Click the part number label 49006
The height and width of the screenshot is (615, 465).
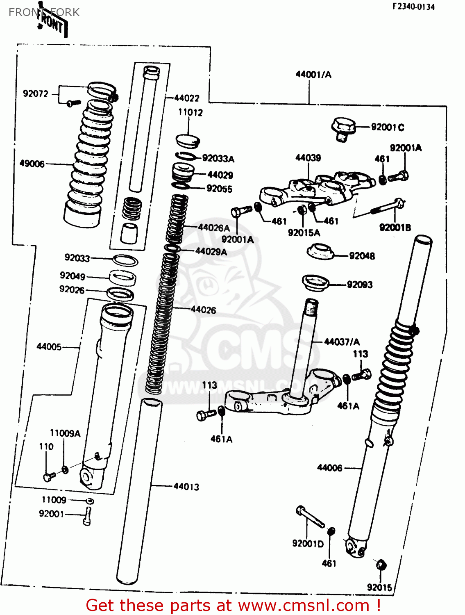32,164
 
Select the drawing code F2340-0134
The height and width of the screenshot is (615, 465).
413,7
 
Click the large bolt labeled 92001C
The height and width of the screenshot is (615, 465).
343,129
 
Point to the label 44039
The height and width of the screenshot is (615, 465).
308,158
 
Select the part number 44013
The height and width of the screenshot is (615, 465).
186,486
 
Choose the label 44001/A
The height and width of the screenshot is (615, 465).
313,75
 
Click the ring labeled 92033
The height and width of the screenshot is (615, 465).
125,260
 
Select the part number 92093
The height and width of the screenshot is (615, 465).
360,285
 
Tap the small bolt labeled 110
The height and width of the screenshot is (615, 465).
49,476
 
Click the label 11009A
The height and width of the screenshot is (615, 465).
65,433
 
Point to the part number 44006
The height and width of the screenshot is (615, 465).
329,468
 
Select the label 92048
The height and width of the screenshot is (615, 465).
362,256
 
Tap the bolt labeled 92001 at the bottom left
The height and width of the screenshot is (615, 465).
88,516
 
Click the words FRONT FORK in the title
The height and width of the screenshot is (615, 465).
44,12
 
